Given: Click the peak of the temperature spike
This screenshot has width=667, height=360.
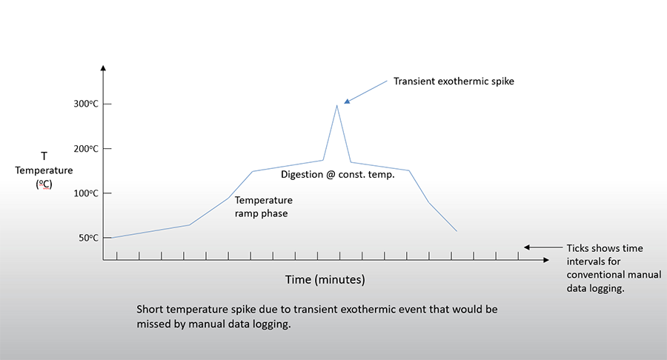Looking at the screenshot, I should pos(337,105).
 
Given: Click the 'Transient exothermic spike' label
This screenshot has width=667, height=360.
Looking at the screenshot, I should pos(454,81).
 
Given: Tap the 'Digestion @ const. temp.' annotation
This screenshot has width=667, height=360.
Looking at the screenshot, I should pos(337,176).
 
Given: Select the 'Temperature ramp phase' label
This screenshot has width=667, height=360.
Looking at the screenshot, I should pos(263,207).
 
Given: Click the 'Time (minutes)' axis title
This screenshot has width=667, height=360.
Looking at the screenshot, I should pos(325,280).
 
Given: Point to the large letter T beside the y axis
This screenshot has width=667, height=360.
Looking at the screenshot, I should pos(44,156).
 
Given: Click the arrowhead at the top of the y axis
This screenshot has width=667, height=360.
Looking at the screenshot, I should pos(103,69).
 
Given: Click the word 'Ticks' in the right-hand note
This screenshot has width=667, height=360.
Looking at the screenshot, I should pos(580,248).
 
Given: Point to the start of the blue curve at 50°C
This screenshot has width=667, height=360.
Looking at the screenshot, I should pos(111,238).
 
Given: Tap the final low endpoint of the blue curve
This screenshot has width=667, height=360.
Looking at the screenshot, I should pos(457,231).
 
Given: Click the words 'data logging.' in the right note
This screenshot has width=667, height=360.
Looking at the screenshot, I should pos(595,289).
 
